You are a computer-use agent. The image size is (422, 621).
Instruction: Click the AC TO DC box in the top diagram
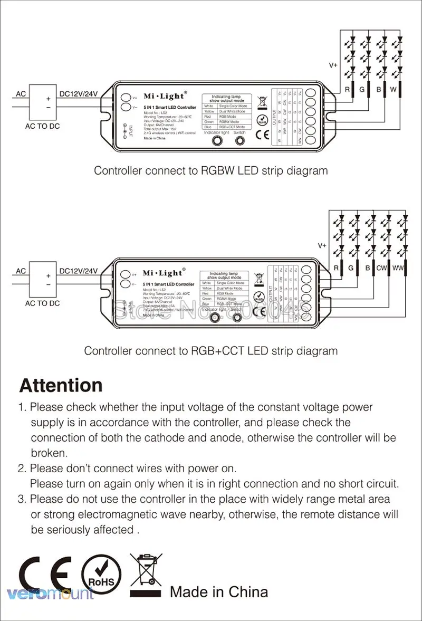point(43,103)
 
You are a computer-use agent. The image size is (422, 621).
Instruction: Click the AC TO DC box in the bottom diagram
point(43,280)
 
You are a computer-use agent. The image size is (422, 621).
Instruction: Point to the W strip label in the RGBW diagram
point(393,90)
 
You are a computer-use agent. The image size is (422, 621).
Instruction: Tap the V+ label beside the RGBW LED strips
point(333,65)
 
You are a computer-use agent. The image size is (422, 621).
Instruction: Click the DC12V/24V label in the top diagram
point(79,93)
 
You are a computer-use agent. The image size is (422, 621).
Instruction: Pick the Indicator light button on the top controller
point(216,141)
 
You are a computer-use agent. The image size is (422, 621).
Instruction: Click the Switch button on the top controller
point(240,141)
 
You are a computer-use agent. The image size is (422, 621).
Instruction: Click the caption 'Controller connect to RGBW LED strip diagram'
point(210,170)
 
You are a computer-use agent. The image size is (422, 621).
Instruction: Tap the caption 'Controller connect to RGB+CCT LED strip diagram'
point(210,351)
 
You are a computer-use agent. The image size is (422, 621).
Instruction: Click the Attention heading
point(61,386)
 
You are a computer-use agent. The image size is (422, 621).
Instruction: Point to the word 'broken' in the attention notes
point(49,453)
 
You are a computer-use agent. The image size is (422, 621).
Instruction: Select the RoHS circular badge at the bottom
point(101,577)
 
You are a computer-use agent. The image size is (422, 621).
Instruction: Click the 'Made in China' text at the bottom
point(218,592)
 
